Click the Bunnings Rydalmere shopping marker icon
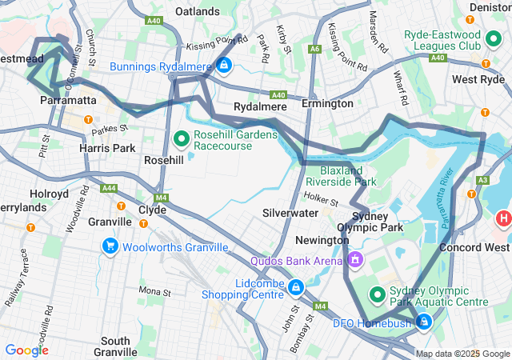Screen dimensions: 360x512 point(225,65)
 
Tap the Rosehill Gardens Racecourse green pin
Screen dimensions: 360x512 point(181,139)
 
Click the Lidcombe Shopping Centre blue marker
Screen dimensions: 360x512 point(295,286)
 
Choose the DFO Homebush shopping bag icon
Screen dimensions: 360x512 point(423,322)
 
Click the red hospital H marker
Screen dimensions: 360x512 point(503,218)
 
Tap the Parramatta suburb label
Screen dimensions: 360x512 point(68,101)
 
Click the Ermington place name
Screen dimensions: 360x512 point(327,104)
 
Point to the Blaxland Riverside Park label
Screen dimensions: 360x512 point(341,177)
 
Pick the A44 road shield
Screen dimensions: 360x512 point(107,189)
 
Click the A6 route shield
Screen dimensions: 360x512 point(315,49)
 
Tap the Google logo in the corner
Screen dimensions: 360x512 point(26,350)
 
